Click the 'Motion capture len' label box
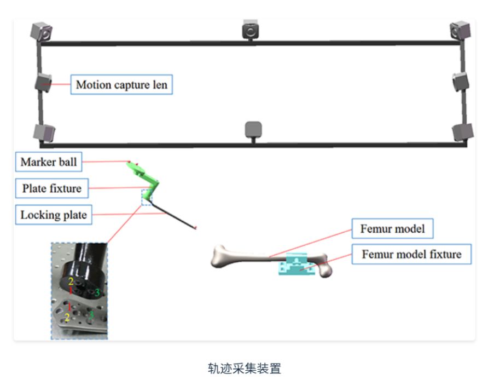(121, 85)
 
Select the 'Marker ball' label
(49, 162)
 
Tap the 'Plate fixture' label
(51, 188)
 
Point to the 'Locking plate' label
(53, 215)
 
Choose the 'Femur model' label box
(392, 228)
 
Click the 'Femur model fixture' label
(411, 254)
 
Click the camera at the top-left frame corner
(42, 31)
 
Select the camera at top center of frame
(251, 30)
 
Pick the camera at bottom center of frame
(253, 129)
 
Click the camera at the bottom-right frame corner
(462, 132)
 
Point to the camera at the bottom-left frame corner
(44, 132)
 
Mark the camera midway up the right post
(461, 82)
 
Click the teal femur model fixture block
(297, 266)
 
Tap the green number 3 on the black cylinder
(97, 293)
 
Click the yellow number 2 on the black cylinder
(71, 281)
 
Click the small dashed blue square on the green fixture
(147, 197)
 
